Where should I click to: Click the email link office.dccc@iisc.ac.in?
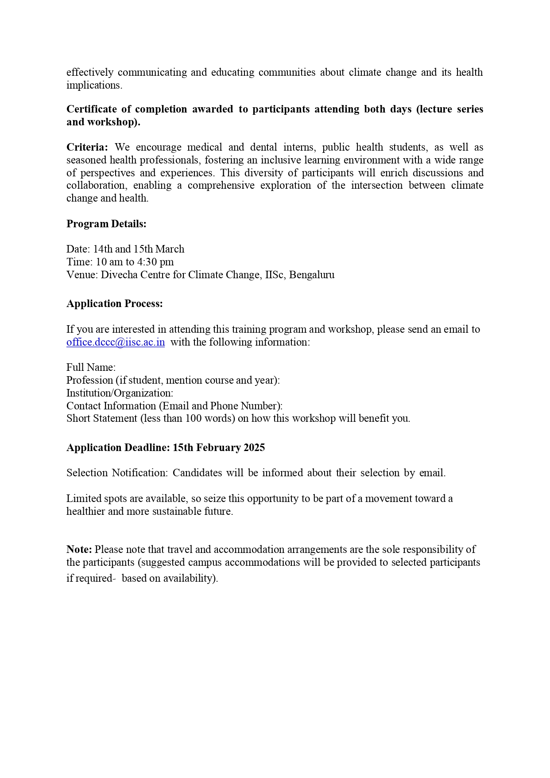click(x=116, y=342)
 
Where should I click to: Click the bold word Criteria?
click(x=87, y=147)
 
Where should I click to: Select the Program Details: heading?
click(x=106, y=224)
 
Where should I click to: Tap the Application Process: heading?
click(x=115, y=303)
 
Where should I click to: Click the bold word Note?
click(x=79, y=549)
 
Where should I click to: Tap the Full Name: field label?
click(x=91, y=367)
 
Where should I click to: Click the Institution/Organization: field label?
click(x=120, y=393)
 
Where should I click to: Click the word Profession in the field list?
click(x=89, y=380)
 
